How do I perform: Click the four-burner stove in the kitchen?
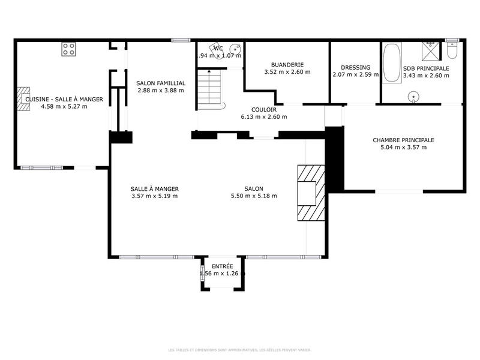pos(68,49)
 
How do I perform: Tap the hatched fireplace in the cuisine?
pos(23,99)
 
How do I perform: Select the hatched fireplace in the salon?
pos(311,193)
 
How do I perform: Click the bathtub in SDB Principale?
pos(392,63)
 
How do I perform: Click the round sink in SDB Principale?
pos(413,97)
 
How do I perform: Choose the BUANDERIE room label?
pos(287,64)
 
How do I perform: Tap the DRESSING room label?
pos(355,67)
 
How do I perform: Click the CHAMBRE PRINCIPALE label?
pos(403,140)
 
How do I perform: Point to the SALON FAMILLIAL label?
pos(160,83)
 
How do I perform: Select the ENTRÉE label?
pos(222,266)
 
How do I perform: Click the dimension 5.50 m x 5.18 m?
pos(254,196)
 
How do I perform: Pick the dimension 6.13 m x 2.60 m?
pos(263,117)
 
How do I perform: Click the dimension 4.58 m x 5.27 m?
pos(64,107)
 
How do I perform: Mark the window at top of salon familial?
pos(180,40)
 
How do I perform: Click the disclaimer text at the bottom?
pos(240,349)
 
